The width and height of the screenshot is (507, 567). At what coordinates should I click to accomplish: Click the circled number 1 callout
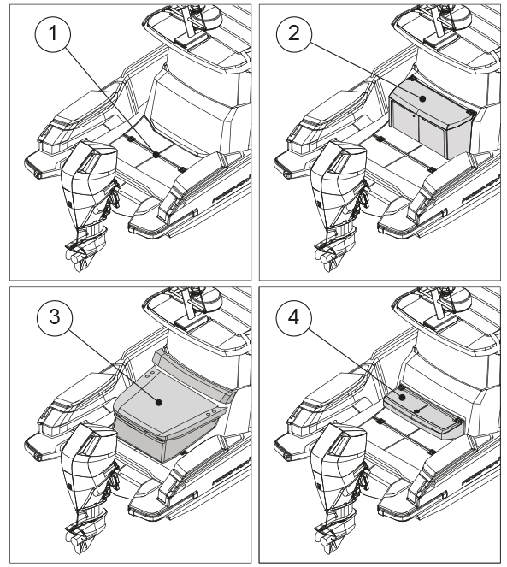[x=53, y=34]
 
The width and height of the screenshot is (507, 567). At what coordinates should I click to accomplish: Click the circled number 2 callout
[x=293, y=33]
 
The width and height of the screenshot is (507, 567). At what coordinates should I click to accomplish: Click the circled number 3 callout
[x=55, y=317]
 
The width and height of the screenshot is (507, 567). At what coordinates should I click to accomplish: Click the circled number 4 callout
[x=293, y=317]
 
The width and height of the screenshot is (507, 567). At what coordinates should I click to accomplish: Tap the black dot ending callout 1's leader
[x=156, y=155]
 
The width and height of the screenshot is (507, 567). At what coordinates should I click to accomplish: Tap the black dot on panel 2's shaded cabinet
[x=422, y=98]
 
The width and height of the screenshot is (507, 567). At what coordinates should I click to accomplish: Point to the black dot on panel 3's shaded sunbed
[x=159, y=402]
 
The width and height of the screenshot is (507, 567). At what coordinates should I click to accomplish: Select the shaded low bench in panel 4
[x=423, y=412]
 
